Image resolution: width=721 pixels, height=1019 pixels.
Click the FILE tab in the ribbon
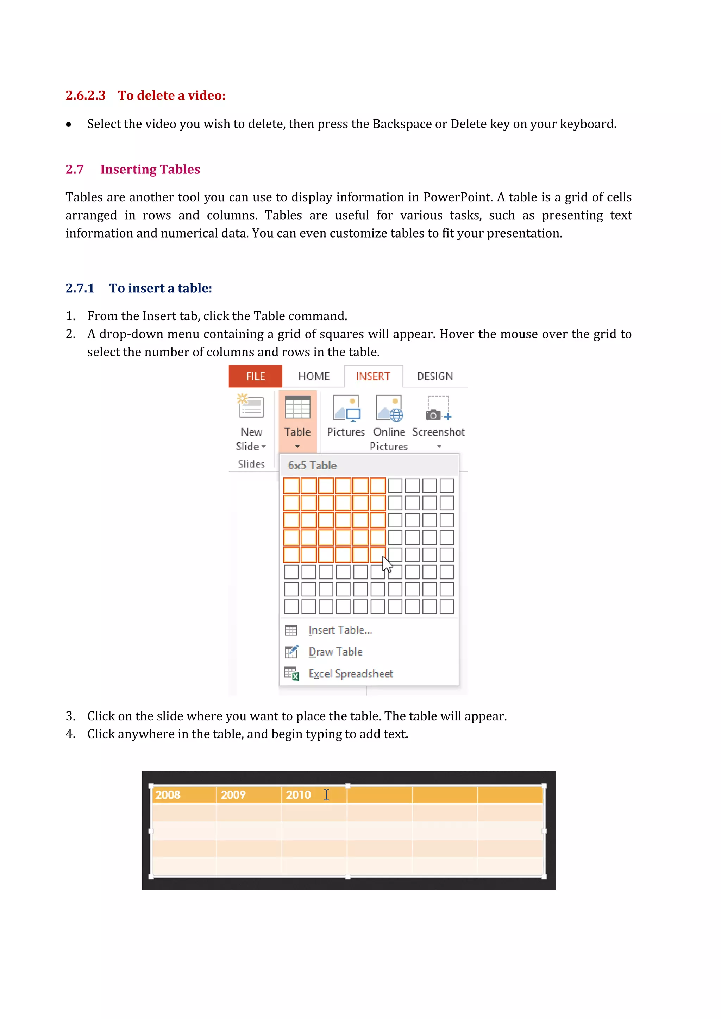(x=255, y=376)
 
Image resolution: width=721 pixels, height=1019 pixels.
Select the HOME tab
(x=313, y=376)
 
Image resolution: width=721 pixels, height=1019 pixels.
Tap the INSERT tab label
(x=373, y=376)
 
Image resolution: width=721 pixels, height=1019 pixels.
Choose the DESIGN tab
(x=435, y=376)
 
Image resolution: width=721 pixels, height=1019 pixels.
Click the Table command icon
(x=297, y=407)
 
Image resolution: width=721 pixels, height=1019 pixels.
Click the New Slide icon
(x=251, y=406)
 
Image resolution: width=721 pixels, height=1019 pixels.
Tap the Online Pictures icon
(x=389, y=408)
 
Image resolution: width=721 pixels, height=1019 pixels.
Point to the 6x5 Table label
(x=312, y=466)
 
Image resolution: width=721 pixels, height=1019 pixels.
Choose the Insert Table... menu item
(x=340, y=630)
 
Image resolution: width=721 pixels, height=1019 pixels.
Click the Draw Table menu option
(x=335, y=652)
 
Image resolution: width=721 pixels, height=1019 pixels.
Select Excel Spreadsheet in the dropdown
(x=350, y=674)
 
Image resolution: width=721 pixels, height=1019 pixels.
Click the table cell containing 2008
(x=168, y=795)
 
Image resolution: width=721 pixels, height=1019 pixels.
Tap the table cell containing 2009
(x=233, y=795)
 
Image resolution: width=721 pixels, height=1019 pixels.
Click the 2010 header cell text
(x=298, y=795)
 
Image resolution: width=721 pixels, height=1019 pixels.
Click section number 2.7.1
(x=80, y=288)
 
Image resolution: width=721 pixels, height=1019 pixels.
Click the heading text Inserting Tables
(x=150, y=169)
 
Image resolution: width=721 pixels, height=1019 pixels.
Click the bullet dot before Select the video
(x=68, y=125)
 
